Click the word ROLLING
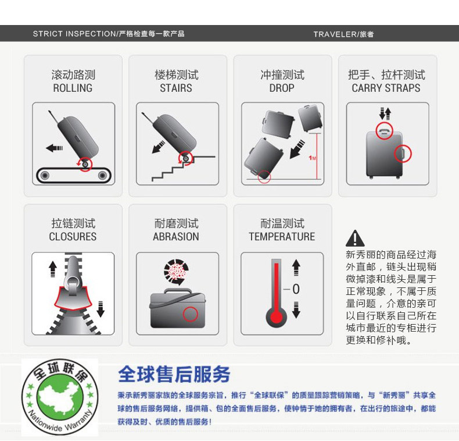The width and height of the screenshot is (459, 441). (73, 88)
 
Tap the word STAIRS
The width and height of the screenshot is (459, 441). (176, 88)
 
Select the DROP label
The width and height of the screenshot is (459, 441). (282, 88)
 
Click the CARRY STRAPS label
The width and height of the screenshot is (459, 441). (386, 88)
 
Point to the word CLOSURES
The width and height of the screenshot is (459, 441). (73, 237)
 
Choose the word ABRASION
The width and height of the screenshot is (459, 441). (176, 237)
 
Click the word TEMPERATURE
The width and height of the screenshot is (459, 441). (282, 237)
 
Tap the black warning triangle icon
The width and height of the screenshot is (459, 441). (355, 238)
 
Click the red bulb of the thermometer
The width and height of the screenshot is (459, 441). (276, 317)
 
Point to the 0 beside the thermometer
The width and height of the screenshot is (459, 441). (296, 289)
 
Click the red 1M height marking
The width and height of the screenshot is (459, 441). (312, 158)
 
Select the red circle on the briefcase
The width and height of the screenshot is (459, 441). (190, 314)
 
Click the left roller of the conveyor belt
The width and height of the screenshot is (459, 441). (45, 175)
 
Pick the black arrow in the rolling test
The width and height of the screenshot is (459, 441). (55, 148)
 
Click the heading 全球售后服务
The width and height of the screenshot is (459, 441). (174, 375)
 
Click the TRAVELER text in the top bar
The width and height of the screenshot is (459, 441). (335, 34)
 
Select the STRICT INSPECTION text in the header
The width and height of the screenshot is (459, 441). (74, 34)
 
